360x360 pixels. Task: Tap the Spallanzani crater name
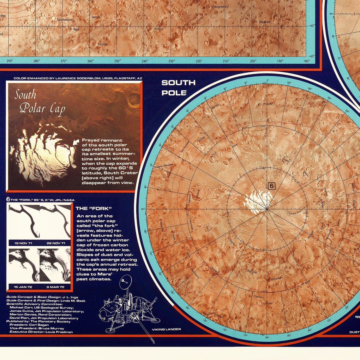point(65,20)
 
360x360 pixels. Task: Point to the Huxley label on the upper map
point(103,44)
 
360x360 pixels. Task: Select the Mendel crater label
point(265,22)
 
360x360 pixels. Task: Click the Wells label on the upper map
point(158,29)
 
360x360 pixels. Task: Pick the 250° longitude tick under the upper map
point(117,61)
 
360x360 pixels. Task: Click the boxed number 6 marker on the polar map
point(271,186)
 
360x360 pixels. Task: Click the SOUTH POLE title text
point(178,87)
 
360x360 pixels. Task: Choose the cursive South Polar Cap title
point(39,102)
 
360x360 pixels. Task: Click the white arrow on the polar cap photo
point(76,142)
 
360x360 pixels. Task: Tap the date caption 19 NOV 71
point(23,243)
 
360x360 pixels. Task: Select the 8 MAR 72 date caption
point(55,287)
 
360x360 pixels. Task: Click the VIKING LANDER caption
point(166,329)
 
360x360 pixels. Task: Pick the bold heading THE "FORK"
point(94,208)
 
